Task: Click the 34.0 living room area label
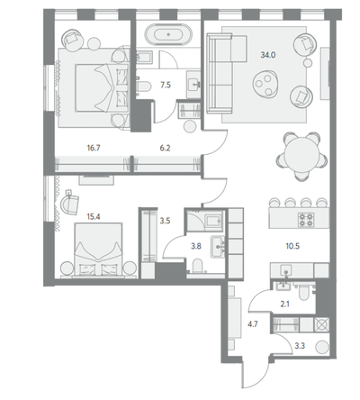268,55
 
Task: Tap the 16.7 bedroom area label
94,148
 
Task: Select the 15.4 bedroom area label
94,216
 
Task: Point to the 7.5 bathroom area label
166,85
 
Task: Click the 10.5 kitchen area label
292,246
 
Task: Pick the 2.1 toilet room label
284,305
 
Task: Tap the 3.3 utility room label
300,346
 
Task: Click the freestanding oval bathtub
168,34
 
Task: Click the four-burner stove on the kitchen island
306,220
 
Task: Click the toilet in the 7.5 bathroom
143,86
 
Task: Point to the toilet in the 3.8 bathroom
198,267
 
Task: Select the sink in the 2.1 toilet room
283,286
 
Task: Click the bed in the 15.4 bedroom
98,250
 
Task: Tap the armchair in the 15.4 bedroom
69,202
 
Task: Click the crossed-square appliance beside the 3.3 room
321,324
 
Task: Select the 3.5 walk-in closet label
165,221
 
